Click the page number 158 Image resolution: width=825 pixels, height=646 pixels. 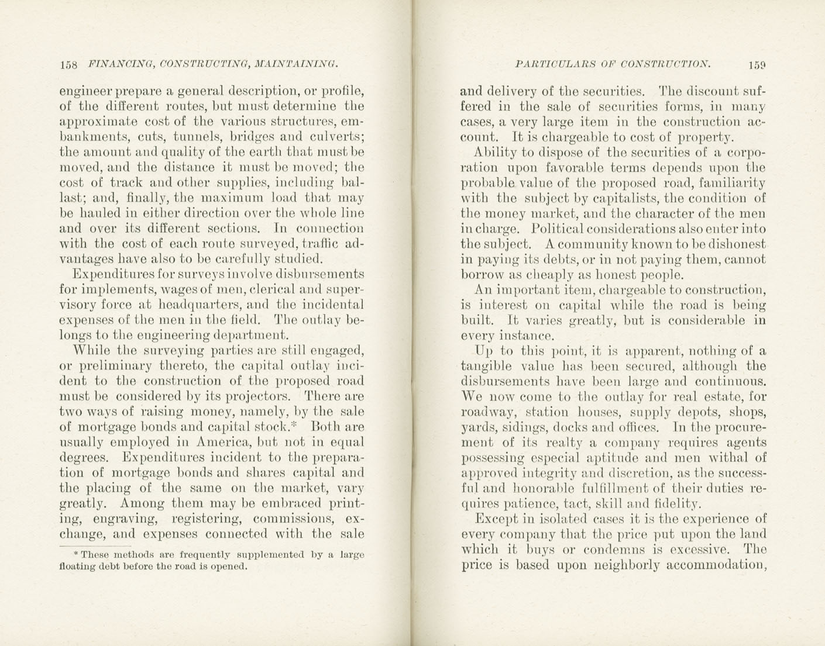tap(68, 65)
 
